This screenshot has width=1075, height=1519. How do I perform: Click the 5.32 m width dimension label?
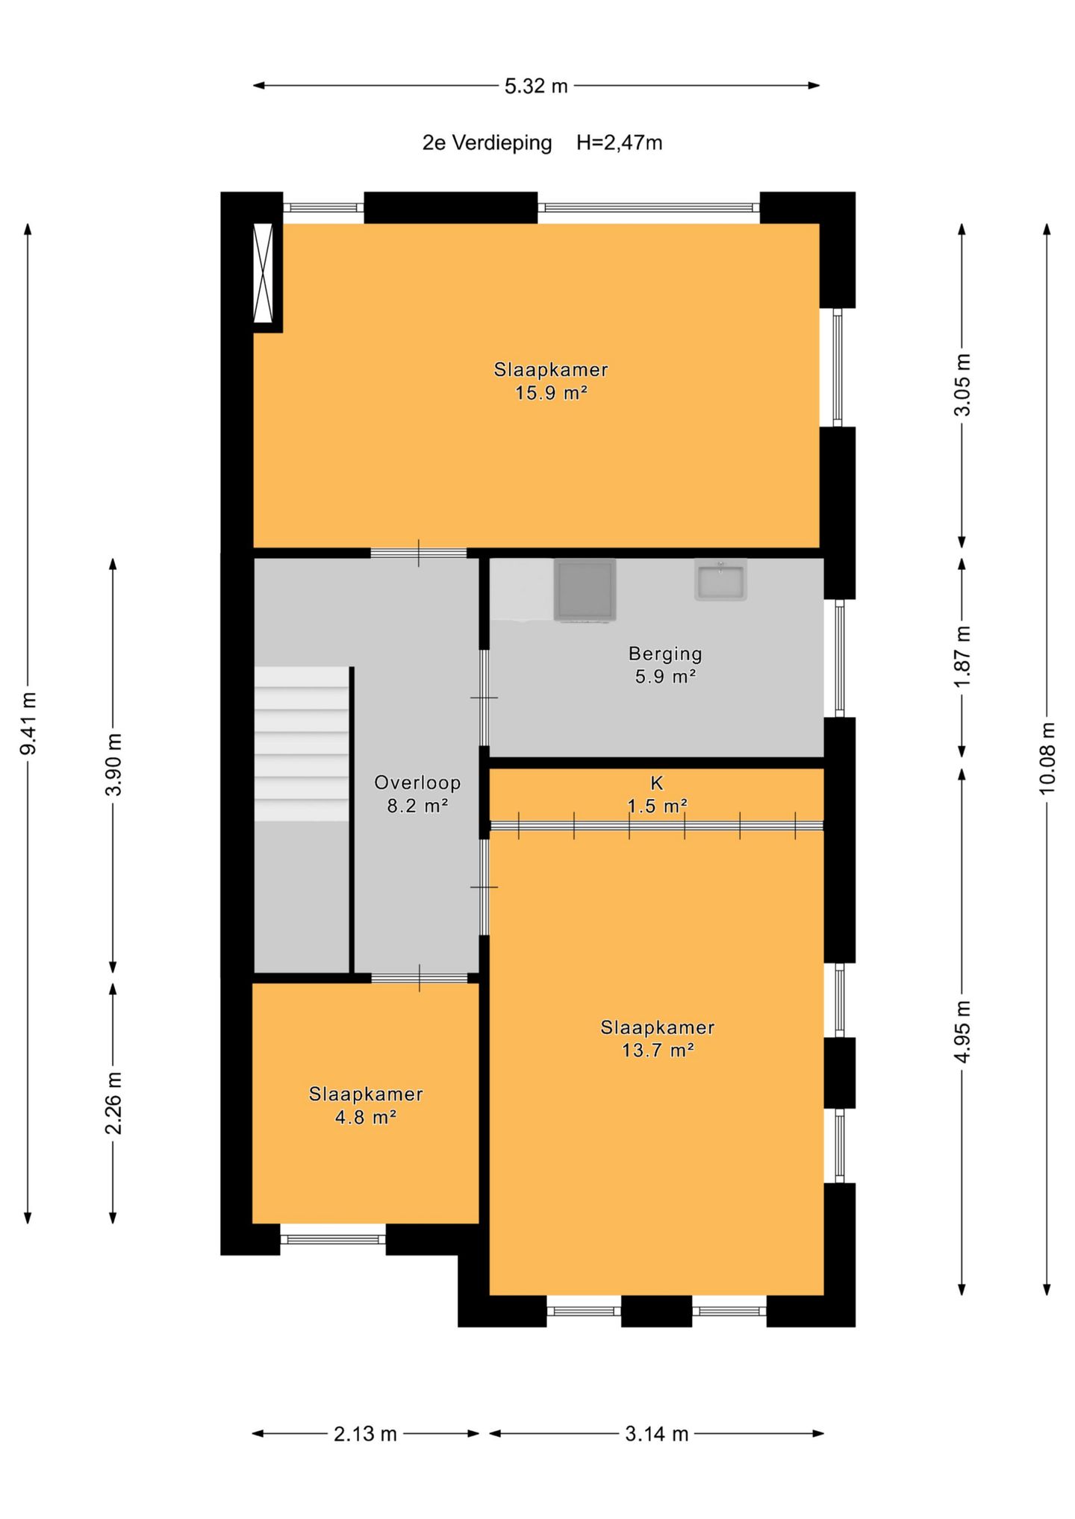[536, 87]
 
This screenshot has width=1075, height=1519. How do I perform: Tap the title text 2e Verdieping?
[487, 142]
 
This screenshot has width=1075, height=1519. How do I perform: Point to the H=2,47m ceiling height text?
[619, 142]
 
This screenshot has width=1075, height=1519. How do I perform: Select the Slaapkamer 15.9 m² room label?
[551, 381]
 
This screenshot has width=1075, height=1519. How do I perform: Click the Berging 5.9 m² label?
[665, 665]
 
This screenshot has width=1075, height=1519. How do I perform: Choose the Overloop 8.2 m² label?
[417, 794]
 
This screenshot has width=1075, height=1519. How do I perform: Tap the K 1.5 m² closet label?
[657, 795]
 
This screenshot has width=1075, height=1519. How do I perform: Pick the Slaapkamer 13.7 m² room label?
[658, 1039]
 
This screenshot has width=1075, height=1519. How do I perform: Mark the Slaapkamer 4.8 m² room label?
[366, 1106]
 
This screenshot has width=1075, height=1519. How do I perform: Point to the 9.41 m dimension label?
[28, 724]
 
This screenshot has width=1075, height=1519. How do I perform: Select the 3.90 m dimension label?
[113, 765]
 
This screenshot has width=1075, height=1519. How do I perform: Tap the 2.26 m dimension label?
[113, 1103]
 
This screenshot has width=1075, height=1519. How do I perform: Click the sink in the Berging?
[720, 580]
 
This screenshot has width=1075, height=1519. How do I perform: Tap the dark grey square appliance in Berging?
[585, 589]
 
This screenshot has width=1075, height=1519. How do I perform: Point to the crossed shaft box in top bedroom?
[264, 273]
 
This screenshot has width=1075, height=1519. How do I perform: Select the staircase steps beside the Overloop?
[302, 744]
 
